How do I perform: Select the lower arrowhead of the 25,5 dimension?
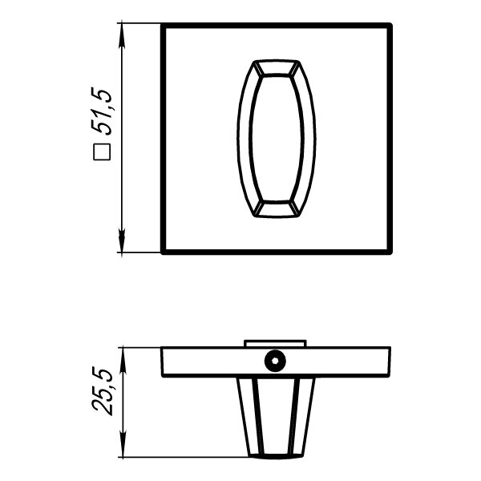point(122,454)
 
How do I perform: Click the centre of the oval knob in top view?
point(277,139)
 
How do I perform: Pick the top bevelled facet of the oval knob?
point(277,67)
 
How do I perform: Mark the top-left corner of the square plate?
point(163,26)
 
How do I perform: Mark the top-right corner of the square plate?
point(392,26)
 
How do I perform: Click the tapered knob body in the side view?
point(277,417)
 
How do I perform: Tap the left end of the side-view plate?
point(164,362)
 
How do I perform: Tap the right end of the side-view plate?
point(390,362)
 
